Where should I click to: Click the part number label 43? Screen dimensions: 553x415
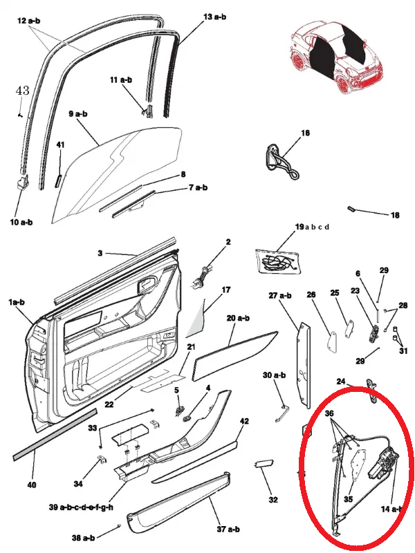click(22, 91)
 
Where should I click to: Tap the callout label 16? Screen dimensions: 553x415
click(305, 133)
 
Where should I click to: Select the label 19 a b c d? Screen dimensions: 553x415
click(312, 227)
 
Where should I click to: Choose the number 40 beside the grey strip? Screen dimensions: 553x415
click(31, 485)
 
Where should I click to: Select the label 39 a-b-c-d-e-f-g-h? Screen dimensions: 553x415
click(82, 507)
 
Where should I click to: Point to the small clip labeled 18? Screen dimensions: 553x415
click(351, 208)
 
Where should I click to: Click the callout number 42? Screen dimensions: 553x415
click(244, 421)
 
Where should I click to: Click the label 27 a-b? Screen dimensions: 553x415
click(280, 295)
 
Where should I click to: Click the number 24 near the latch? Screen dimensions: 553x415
click(341, 382)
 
